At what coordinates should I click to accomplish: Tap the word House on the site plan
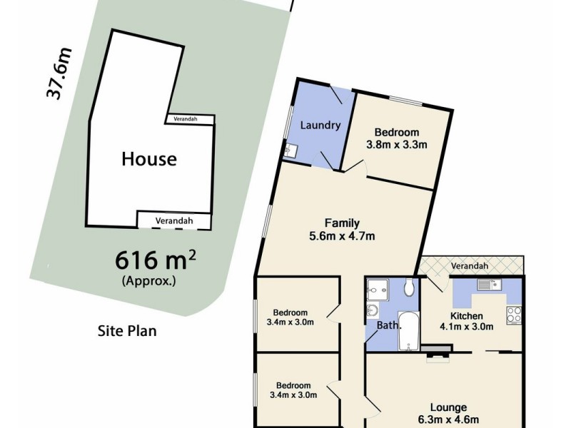pos(148,158)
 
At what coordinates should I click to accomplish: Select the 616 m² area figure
pos(156,259)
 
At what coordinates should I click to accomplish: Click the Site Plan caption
pos(126,331)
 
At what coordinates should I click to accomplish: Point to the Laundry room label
pos(319,126)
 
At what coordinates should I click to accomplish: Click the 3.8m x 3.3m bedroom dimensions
pos(396,145)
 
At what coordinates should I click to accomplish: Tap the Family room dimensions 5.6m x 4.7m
pos(341,236)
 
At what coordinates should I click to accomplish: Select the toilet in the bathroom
pos(409,287)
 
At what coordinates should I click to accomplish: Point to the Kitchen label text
pos(467,316)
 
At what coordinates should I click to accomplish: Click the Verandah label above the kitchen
pos(470,266)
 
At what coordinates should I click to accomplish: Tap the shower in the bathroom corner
pos(375,289)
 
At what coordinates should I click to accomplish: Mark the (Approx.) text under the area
pos(149,280)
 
